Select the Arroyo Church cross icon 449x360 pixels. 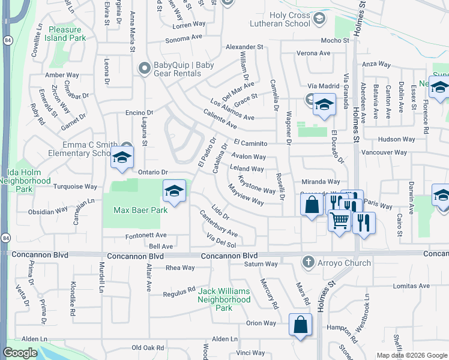(308, 262)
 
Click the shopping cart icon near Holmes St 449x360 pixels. (339, 222)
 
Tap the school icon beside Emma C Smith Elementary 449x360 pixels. (122, 158)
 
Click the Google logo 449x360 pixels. (20, 353)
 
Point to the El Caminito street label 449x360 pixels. (250, 143)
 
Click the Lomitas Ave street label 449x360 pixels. (413, 286)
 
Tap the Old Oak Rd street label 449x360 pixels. (148, 347)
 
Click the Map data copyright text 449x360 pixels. (411, 355)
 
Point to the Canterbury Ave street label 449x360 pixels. (218, 223)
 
